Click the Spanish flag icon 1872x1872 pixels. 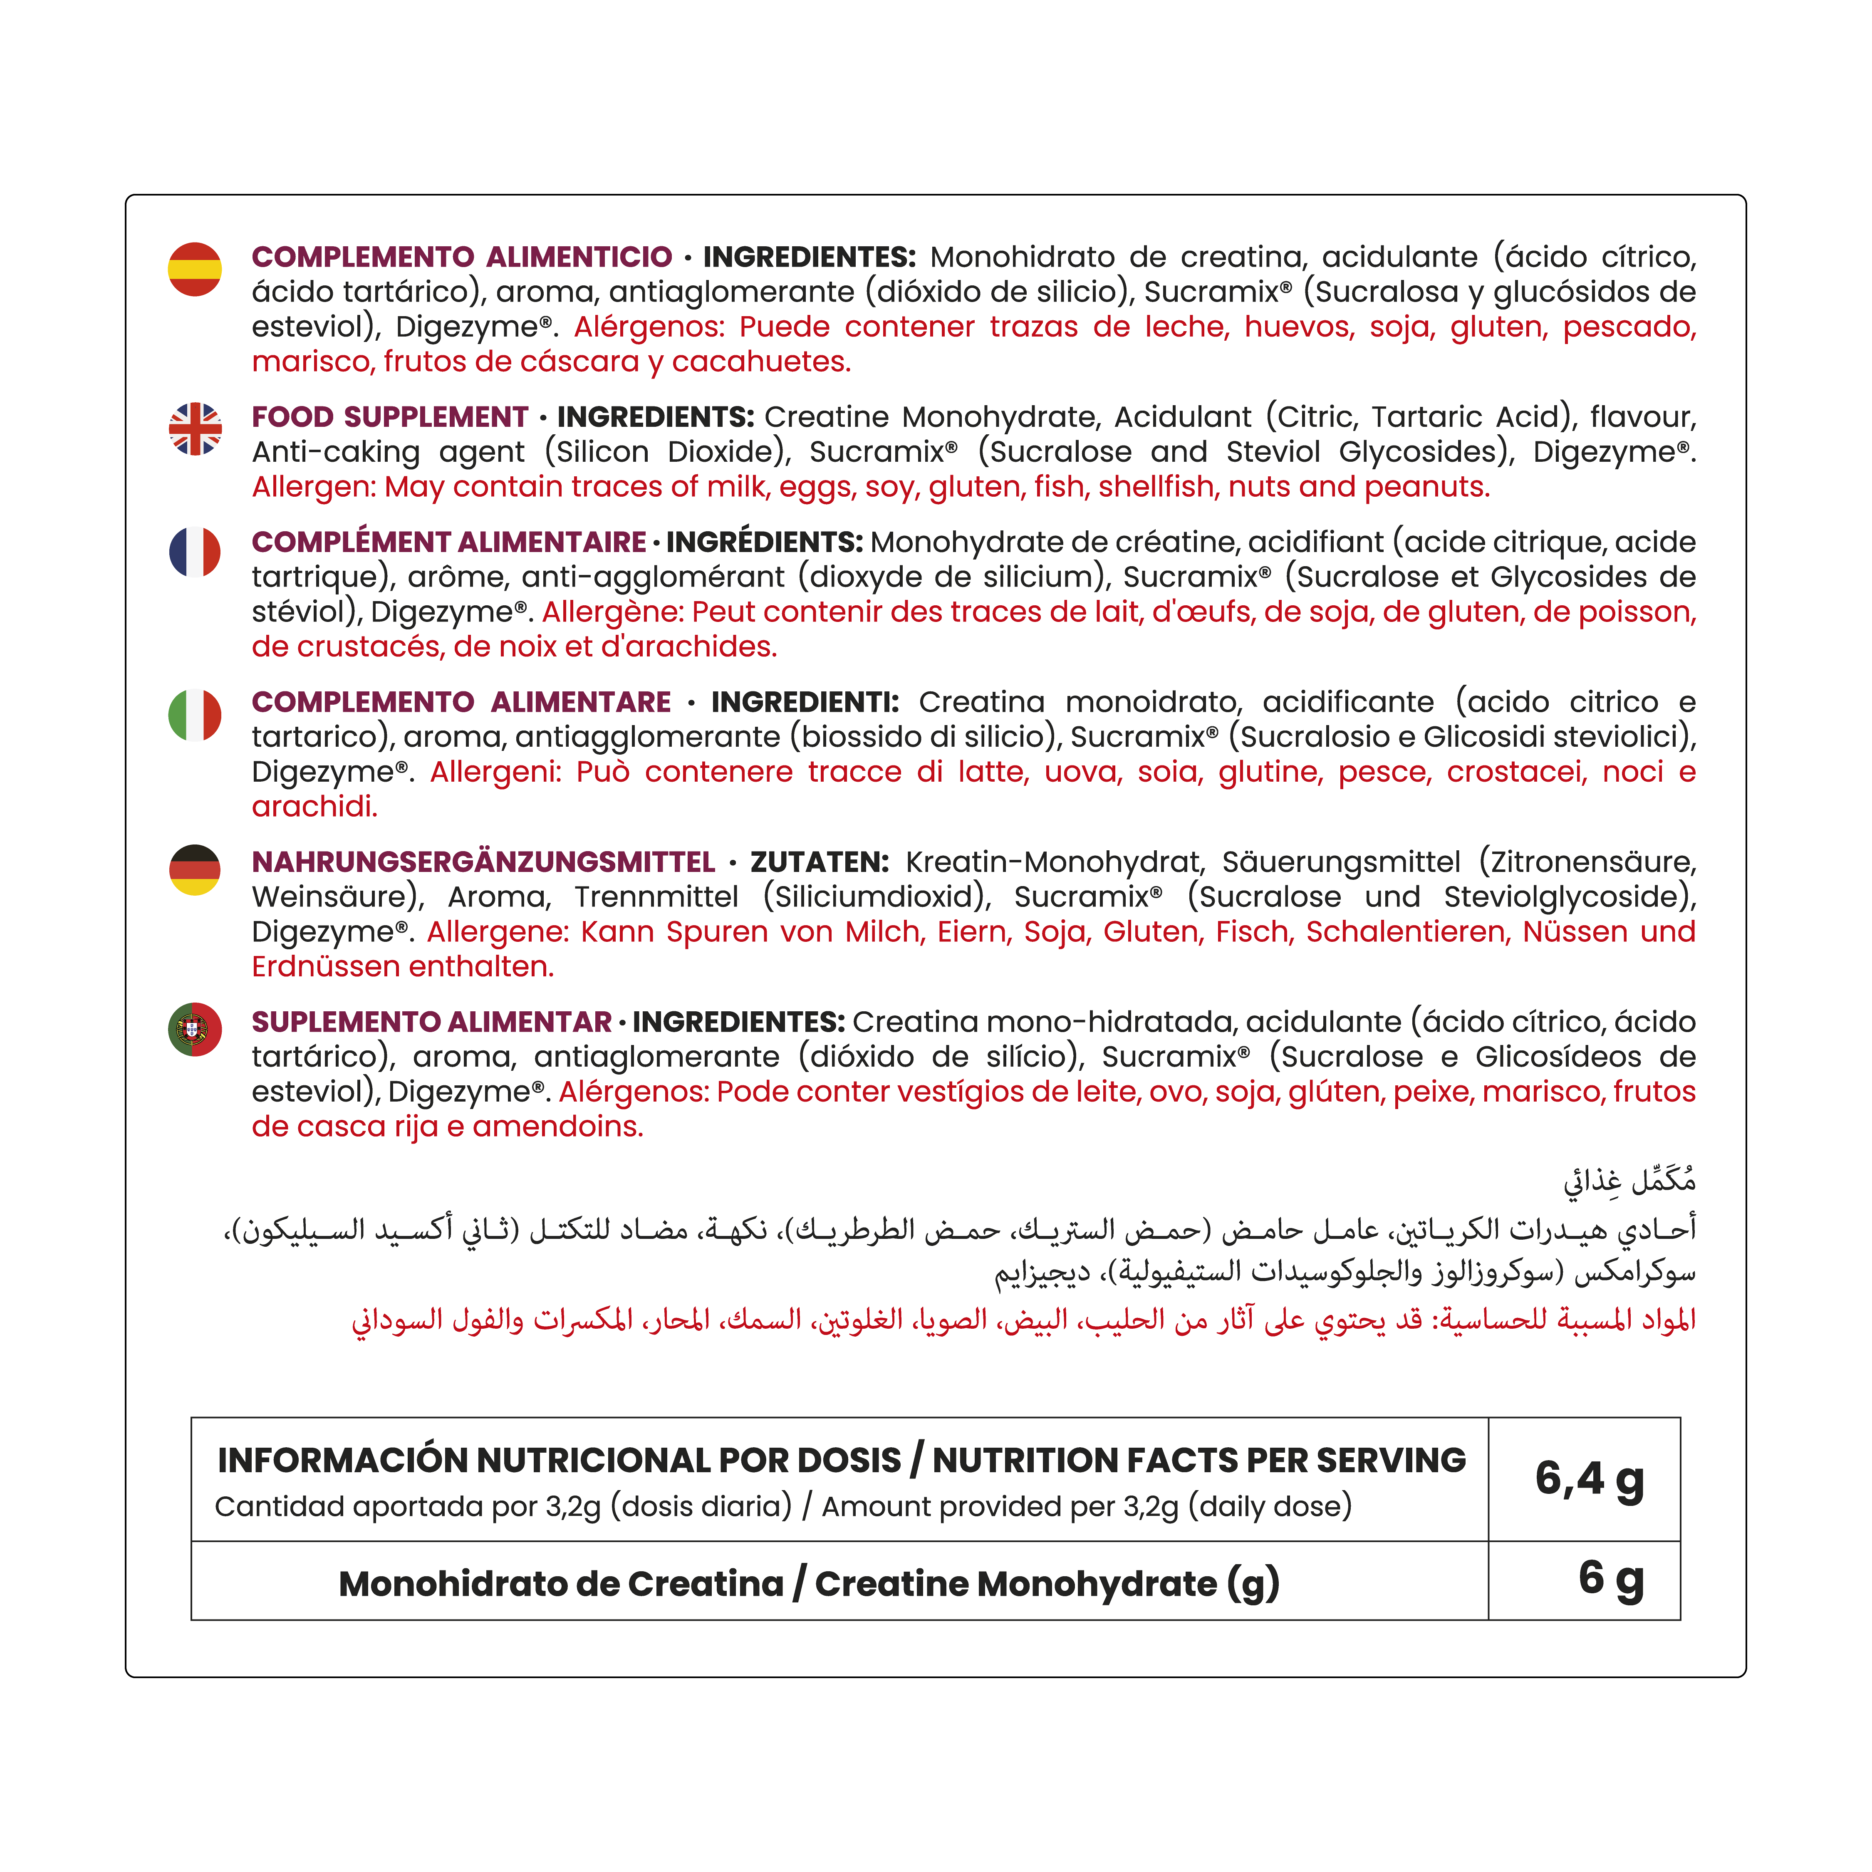(x=195, y=270)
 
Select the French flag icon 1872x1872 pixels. (x=195, y=552)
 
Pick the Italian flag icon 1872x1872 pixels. (x=195, y=715)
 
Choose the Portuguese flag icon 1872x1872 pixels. (x=195, y=1029)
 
